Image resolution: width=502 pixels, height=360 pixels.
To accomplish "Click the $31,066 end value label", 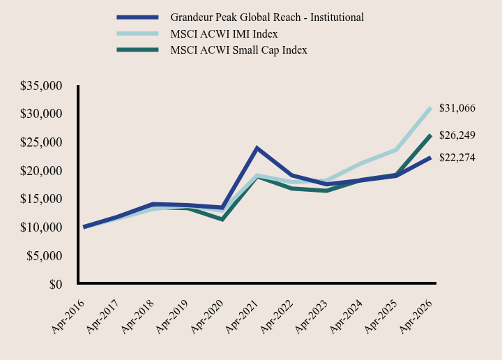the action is [x=457, y=108].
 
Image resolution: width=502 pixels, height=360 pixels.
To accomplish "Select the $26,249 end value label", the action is [x=457, y=135].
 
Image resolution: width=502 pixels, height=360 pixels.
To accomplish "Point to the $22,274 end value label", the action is [x=457, y=158].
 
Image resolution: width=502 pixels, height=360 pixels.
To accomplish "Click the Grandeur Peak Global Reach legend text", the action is [x=267, y=17].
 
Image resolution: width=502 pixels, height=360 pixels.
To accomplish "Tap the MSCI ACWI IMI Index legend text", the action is [x=224, y=34].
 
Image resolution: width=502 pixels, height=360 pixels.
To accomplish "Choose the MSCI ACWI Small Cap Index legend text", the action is [x=238, y=50].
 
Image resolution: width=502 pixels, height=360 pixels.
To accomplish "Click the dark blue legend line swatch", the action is [x=137, y=17].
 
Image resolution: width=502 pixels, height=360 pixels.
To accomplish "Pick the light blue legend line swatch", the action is [x=137, y=33].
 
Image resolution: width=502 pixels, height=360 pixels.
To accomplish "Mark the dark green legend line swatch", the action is [x=137, y=50].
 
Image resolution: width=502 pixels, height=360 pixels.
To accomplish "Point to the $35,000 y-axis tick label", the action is [x=41, y=86].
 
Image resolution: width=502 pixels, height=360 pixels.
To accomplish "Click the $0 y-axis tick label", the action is [x=56, y=285].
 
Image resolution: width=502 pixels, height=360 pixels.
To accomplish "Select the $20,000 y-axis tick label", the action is [x=41, y=171].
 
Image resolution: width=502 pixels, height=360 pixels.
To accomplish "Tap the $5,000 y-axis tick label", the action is [x=44, y=256].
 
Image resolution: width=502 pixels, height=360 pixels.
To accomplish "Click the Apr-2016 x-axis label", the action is [x=68, y=317].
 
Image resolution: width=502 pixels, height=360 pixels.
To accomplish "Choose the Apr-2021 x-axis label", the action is [x=242, y=317].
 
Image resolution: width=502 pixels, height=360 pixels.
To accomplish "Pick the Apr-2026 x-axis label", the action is [x=416, y=317].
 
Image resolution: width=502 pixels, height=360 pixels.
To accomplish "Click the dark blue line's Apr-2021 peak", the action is [x=257, y=148].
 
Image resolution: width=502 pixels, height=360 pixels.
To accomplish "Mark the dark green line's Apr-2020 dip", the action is [x=222, y=219].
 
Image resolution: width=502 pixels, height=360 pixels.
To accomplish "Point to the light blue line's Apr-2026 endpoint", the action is [x=431, y=108].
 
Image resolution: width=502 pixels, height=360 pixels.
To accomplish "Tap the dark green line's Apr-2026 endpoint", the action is [x=431, y=135].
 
